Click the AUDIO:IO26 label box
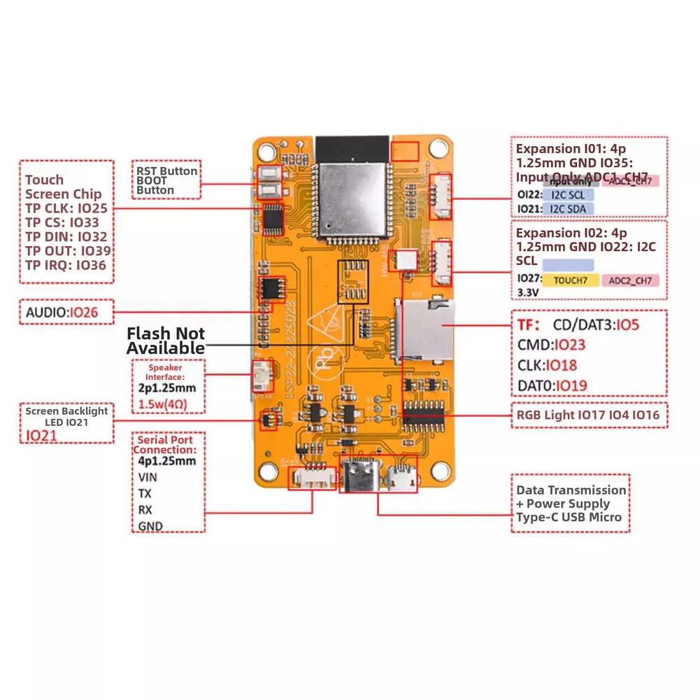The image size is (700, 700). [x=66, y=313]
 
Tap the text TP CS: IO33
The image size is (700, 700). [x=62, y=222]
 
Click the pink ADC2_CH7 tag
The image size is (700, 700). [x=630, y=280]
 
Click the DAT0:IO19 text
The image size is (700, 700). [x=552, y=385]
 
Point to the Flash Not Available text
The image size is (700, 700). [x=166, y=341]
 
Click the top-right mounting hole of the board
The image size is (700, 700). [x=439, y=148]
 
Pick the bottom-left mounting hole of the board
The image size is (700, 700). [x=266, y=470]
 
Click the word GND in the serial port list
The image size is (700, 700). [x=150, y=526]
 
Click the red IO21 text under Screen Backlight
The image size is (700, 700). [x=43, y=435]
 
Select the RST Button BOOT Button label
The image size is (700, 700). [x=166, y=180]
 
